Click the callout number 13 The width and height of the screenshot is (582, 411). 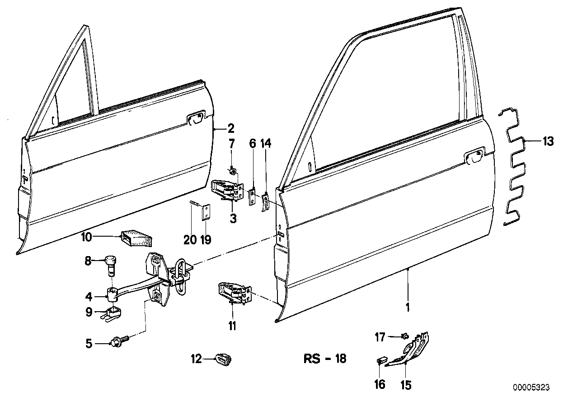pyautogui.click(x=548, y=142)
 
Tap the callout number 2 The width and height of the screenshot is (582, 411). pyautogui.click(x=231, y=129)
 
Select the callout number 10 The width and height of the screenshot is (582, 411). pyautogui.click(x=86, y=237)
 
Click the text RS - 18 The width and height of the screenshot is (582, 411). pyautogui.click(x=325, y=359)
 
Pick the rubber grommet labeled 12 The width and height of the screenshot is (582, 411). pyautogui.click(x=223, y=360)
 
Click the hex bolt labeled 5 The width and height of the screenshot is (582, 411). pyautogui.click(x=120, y=341)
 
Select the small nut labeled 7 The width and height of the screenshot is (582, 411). pyautogui.click(x=233, y=171)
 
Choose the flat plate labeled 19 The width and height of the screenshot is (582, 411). pyautogui.click(x=206, y=212)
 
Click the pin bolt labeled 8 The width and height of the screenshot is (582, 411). pyautogui.click(x=110, y=266)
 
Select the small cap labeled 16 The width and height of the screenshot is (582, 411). pyautogui.click(x=382, y=360)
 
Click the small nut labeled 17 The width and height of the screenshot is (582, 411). pyautogui.click(x=405, y=337)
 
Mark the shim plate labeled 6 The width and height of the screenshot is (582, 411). pyautogui.click(x=252, y=197)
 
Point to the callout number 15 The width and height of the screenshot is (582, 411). pyautogui.click(x=406, y=385)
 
